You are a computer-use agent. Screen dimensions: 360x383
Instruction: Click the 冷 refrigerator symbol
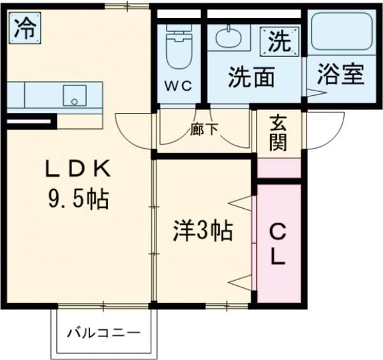point(25,27)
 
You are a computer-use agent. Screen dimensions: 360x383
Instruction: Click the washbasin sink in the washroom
point(229,38)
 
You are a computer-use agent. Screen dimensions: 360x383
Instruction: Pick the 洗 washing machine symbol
point(278,41)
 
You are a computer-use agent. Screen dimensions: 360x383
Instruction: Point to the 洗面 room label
point(252,77)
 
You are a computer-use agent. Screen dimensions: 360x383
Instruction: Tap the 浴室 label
point(342,74)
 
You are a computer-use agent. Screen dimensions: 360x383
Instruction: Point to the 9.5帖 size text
point(77,200)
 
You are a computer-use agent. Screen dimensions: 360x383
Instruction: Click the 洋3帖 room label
point(202,230)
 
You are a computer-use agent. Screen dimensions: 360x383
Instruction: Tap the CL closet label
point(278,244)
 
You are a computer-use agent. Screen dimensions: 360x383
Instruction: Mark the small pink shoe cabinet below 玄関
point(278,167)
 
